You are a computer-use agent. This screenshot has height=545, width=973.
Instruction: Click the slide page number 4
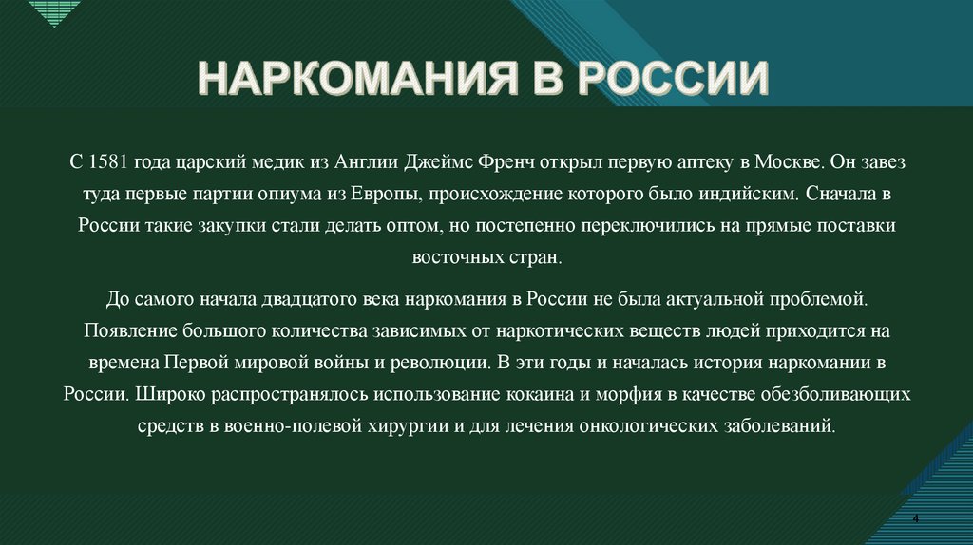point(914,517)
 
